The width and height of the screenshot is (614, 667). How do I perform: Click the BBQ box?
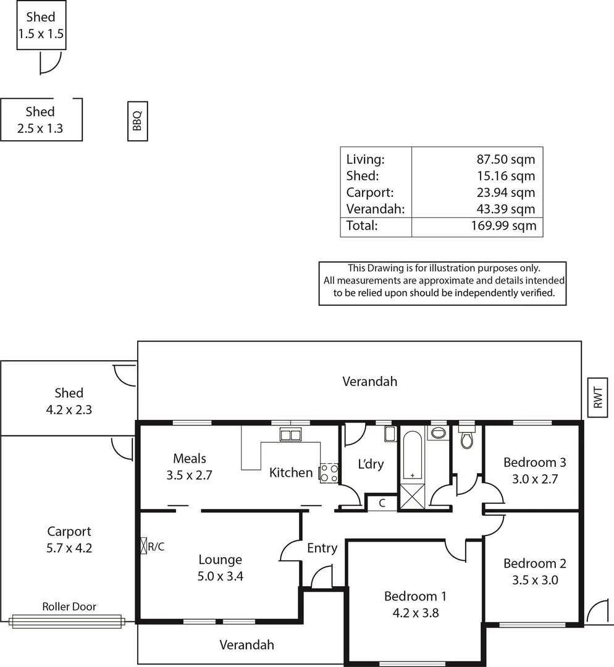[137, 121]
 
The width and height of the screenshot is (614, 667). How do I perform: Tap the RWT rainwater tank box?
[598, 397]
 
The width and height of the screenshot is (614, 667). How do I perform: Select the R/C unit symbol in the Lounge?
[145, 546]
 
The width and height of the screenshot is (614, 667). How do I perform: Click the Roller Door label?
[69, 606]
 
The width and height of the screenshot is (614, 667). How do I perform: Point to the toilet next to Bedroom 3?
[467, 438]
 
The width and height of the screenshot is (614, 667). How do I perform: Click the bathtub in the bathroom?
[412, 456]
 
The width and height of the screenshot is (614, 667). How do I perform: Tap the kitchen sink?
[290, 435]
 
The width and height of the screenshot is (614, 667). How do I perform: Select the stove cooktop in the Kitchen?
[329, 473]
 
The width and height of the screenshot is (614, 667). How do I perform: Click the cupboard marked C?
[382, 503]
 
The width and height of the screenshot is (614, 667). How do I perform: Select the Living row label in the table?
[365, 159]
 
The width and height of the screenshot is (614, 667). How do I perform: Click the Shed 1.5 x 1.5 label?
[41, 25]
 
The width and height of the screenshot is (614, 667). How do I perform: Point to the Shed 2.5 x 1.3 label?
[40, 120]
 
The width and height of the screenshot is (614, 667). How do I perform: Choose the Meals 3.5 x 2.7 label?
[190, 467]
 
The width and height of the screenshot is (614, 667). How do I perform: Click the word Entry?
[322, 548]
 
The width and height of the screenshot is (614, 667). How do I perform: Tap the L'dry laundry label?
[371, 464]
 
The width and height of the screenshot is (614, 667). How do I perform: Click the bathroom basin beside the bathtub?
[439, 433]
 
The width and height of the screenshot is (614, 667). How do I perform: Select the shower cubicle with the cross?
[412, 497]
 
